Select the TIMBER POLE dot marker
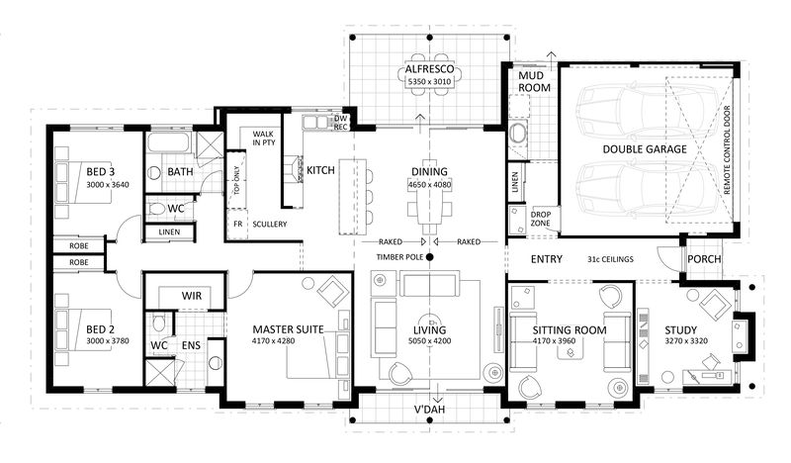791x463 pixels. [x=430, y=258]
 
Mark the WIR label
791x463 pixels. [x=192, y=295]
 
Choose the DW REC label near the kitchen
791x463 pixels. [x=340, y=122]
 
